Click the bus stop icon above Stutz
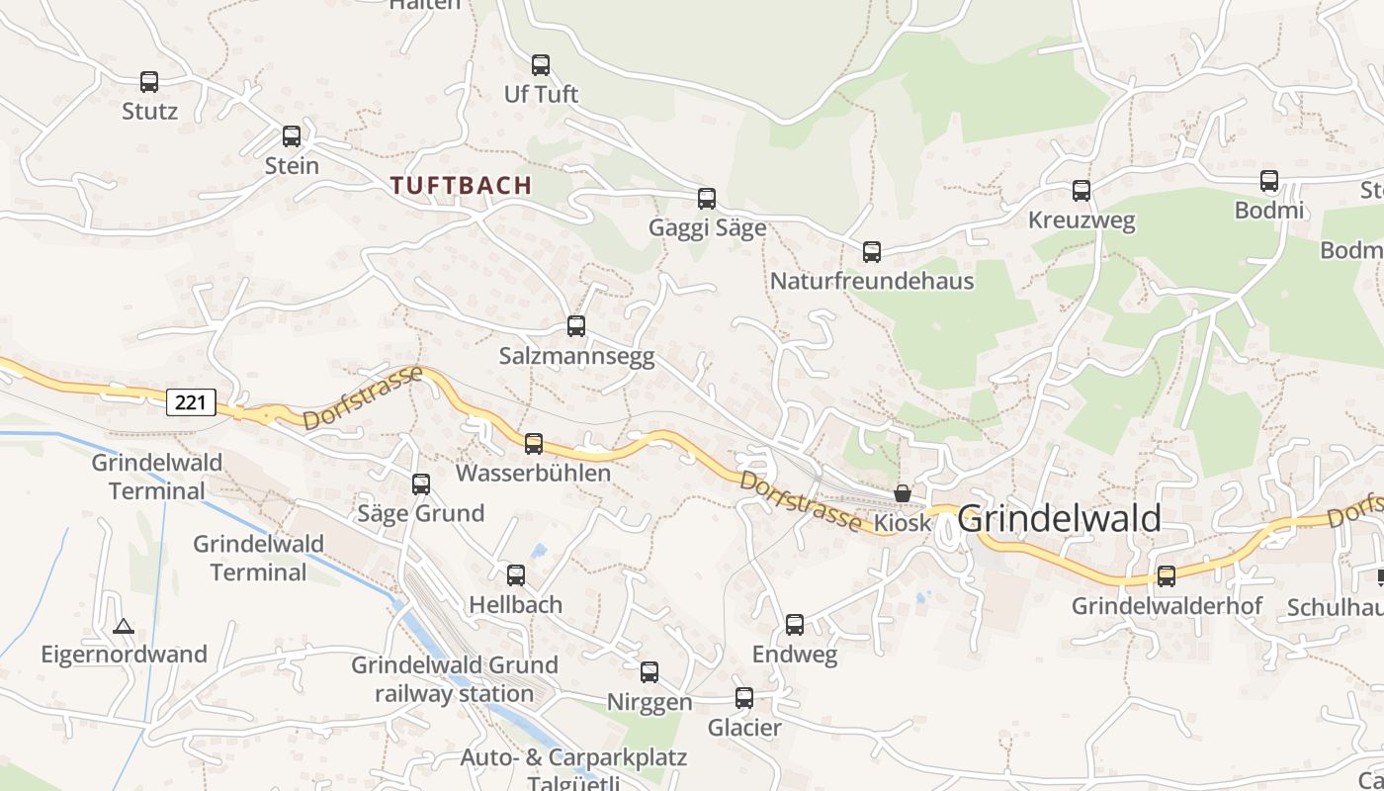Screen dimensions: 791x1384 click(x=149, y=82)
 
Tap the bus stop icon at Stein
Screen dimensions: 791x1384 click(x=292, y=136)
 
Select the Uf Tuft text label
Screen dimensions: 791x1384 click(x=541, y=95)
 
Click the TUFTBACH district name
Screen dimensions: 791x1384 click(x=461, y=185)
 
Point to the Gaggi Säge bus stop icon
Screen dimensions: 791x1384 click(x=707, y=199)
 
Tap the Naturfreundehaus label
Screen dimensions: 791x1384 click(x=871, y=282)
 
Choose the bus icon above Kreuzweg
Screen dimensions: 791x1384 click(x=1081, y=191)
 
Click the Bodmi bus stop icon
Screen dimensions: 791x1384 click(x=1269, y=181)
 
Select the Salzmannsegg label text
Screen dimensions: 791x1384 click(x=576, y=357)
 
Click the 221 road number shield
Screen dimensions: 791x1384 click(x=191, y=402)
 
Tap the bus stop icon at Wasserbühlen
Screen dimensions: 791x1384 click(x=534, y=444)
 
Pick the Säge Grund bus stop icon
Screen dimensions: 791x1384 click(x=421, y=484)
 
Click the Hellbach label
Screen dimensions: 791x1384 click(x=515, y=604)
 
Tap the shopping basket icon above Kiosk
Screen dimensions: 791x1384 click(x=903, y=493)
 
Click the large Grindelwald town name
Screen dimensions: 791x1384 click(x=1060, y=519)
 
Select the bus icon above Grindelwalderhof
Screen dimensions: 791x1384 click(x=1167, y=576)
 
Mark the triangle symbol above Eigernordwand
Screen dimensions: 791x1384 click(x=123, y=626)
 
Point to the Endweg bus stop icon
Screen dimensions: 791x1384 click(x=795, y=625)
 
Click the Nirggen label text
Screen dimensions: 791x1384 click(x=649, y=703)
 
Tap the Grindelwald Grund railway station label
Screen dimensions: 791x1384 click(x=455, y=679)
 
